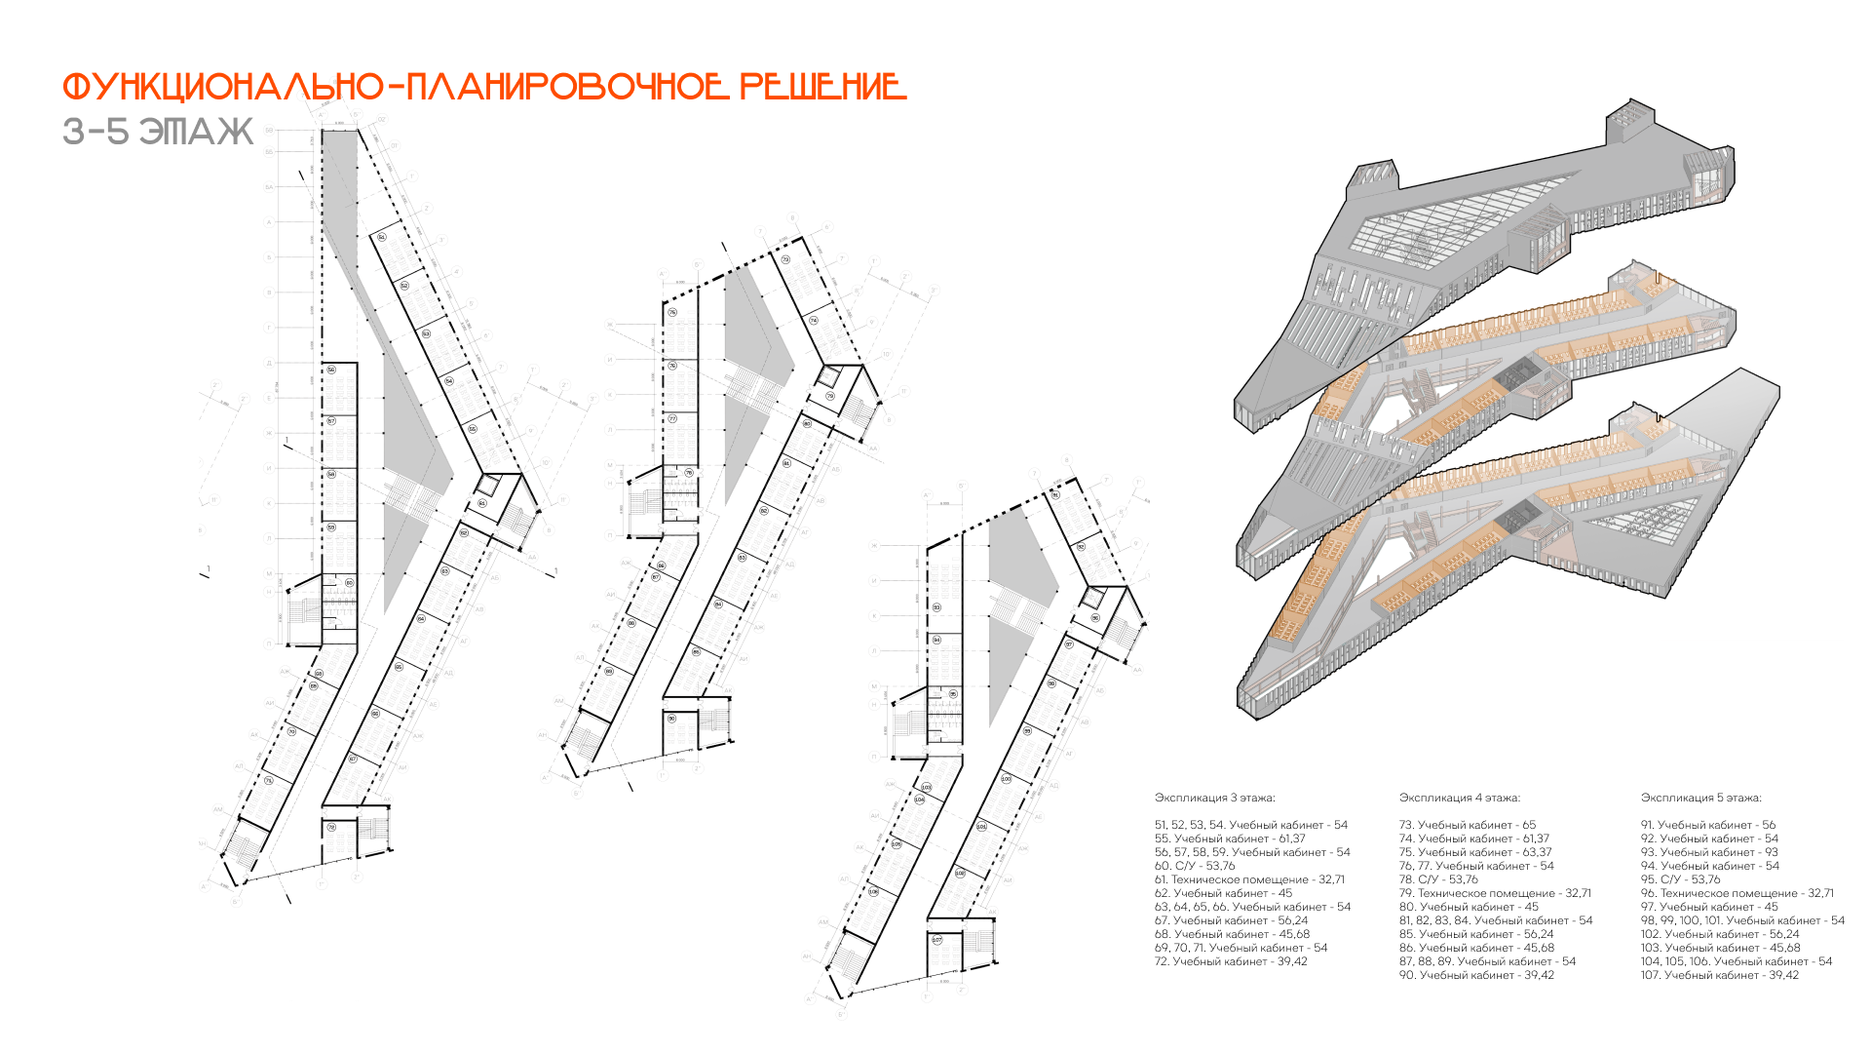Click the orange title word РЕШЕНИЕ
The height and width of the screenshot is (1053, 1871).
[823, 87]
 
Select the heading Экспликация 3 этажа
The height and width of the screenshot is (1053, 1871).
[1214, 798]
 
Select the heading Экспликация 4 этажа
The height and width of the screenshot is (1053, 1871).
[1459, 798]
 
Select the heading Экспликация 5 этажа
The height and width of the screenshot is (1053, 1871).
[1700, 798]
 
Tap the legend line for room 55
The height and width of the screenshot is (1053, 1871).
[1230, 838]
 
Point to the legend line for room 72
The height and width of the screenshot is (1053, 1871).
[1231, 961]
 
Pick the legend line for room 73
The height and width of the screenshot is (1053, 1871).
[1467, 825]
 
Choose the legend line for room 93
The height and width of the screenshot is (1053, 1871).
[1708, 852]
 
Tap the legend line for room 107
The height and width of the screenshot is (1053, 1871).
[1719, 975]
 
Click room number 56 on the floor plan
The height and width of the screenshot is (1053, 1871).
[331, 370]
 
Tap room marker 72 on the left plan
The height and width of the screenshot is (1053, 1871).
[331, 827]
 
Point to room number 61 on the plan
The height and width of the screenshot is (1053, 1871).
[481, 503]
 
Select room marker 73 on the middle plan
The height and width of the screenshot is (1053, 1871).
[785, 259]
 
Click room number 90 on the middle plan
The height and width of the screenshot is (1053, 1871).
[671, 719]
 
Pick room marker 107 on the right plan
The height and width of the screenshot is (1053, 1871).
[936, 940]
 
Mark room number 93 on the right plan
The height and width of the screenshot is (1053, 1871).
[936, 607]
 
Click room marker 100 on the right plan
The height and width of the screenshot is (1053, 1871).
[1006, 779]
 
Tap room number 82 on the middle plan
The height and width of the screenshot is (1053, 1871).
[763, 511]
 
